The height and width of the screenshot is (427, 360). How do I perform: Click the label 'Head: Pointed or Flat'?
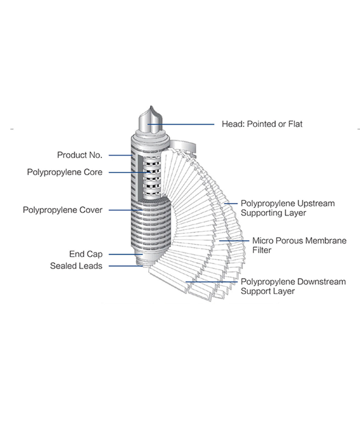coord(262,124)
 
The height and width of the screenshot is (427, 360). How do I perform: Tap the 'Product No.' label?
coord(80,155)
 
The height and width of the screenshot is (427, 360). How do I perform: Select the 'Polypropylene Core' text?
coord(65,172)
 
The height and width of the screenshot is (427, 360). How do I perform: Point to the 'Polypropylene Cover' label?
coord(63,210)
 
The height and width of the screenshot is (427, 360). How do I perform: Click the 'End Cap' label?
coord(86,254)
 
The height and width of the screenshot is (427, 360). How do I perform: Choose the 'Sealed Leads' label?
coord(76,266)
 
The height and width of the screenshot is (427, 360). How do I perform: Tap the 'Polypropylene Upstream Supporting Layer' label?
coord(288,208)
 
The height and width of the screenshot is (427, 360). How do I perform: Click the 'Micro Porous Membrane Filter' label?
coord(300,246)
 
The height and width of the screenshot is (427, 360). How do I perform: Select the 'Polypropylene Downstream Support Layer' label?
coord(293,286)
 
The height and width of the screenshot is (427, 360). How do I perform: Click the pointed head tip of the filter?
coord(151,106)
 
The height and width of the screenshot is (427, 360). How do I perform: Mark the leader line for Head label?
coord(181,124)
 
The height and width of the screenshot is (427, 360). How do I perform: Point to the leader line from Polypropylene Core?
coord(130,172)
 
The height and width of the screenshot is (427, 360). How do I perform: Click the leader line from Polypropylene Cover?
coord(126,210)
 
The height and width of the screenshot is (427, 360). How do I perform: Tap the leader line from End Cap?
coord(126,254)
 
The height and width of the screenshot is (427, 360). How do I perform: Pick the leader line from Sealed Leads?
coord(126,266)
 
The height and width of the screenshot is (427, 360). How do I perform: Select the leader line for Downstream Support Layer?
coord(211,282)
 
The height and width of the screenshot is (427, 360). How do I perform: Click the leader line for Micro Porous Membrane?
coord(234,241)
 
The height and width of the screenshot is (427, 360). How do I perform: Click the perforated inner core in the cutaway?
coord(152,178)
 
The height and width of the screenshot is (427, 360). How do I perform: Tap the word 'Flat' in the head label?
coord(295,124)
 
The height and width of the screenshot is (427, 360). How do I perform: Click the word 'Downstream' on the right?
coord(321,282)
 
